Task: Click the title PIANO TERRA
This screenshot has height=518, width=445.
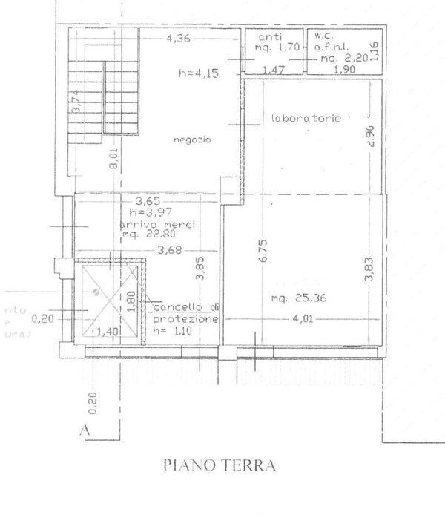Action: pos(218,466)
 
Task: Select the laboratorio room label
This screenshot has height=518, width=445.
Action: pos(306,118)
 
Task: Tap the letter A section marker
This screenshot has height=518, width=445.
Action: pos(87,428)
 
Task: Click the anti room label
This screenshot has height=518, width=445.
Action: pos(266,38)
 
